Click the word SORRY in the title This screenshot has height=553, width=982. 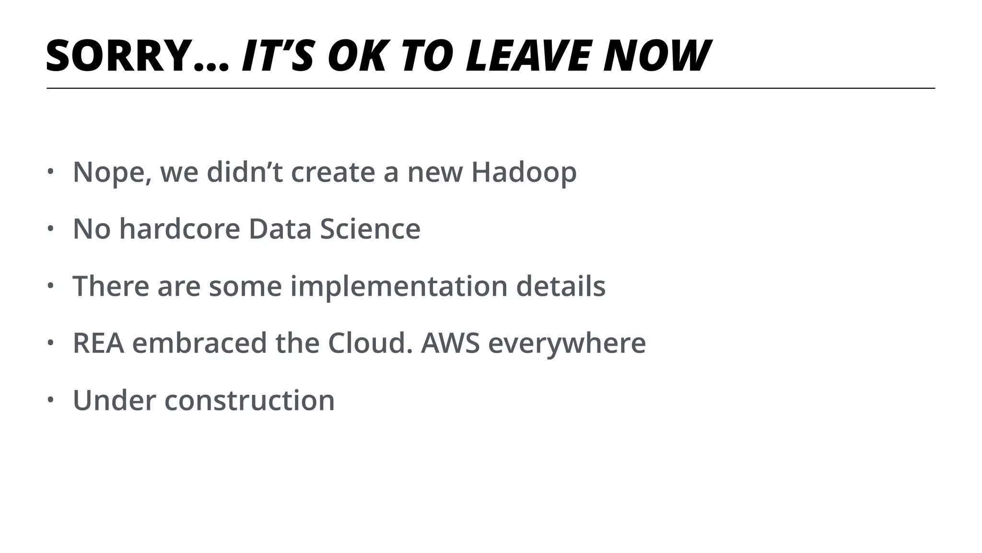click(117, 56)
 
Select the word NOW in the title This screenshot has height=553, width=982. click(657, 56)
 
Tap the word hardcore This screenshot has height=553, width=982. click(179, 229)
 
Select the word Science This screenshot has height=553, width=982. click(370, 229)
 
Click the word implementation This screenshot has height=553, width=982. click(399, 287)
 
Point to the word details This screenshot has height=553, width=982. click(561, 287)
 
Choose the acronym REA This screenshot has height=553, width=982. click(98, 343)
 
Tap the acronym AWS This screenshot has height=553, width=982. click(450, 343)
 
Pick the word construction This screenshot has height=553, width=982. click(249, 400)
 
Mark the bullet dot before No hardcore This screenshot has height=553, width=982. click(49, 228)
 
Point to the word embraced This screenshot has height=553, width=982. click(199, 343)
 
